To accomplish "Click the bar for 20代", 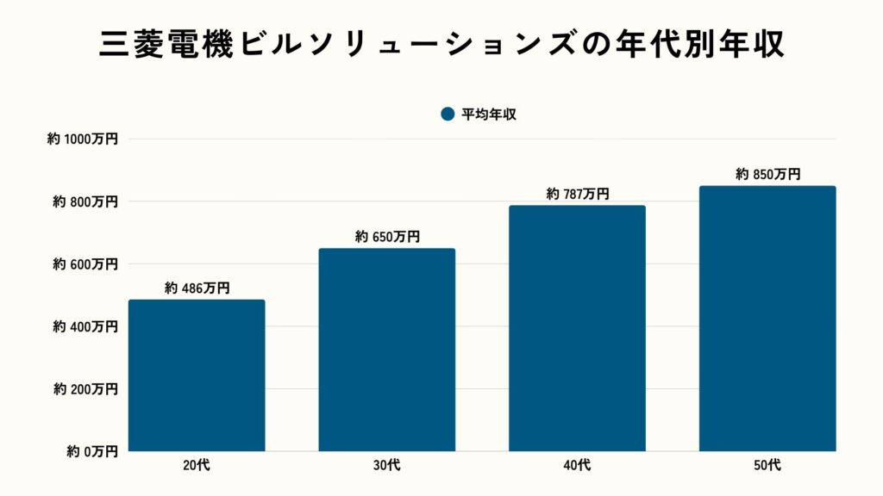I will coord(197,375).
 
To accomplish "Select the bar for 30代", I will coord(386,350).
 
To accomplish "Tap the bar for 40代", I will coord(577,328).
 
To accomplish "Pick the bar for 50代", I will coord(767,319).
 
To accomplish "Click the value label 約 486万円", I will coord(197,288).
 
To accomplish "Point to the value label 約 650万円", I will coord(386,237).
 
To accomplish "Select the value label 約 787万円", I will coord(577,195).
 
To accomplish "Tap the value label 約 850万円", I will coord(767,174).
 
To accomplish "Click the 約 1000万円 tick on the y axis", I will coord(83,139).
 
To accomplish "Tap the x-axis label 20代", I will coord(197,466).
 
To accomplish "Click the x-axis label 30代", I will coord(386,466).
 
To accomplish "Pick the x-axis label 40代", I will coord(577,466).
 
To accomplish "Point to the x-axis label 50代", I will coord(767,466).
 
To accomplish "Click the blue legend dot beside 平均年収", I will coord(447,115).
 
